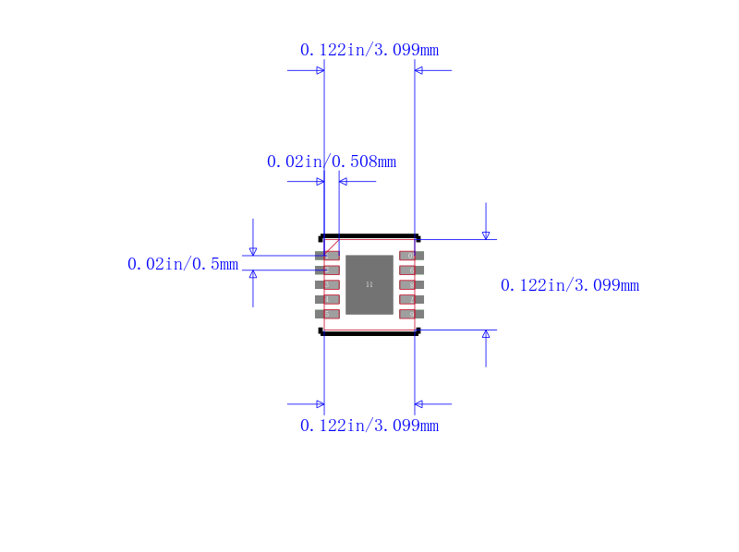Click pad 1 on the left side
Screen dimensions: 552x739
coord(328,256)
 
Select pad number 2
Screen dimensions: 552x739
coord(328,270)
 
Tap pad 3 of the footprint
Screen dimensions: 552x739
coord(328,285)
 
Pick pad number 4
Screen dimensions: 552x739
coord(328,299)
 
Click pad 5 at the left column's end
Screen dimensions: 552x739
coord(328,314)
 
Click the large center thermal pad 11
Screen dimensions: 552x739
coord(369,284)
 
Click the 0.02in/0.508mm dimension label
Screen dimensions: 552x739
coord(332,162)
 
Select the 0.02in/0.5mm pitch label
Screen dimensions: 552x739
coord(183,264)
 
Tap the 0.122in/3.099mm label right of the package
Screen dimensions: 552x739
coord(570,285)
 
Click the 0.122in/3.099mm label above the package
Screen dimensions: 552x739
coord(369,50)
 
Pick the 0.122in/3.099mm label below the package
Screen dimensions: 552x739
coord(369,426)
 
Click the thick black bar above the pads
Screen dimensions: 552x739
coord(369,236)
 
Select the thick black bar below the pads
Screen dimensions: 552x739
coord(369,332)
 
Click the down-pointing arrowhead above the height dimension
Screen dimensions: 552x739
coord(486,235)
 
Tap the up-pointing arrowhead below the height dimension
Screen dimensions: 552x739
coord(486,334)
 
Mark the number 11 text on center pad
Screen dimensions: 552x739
coord(369,284)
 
